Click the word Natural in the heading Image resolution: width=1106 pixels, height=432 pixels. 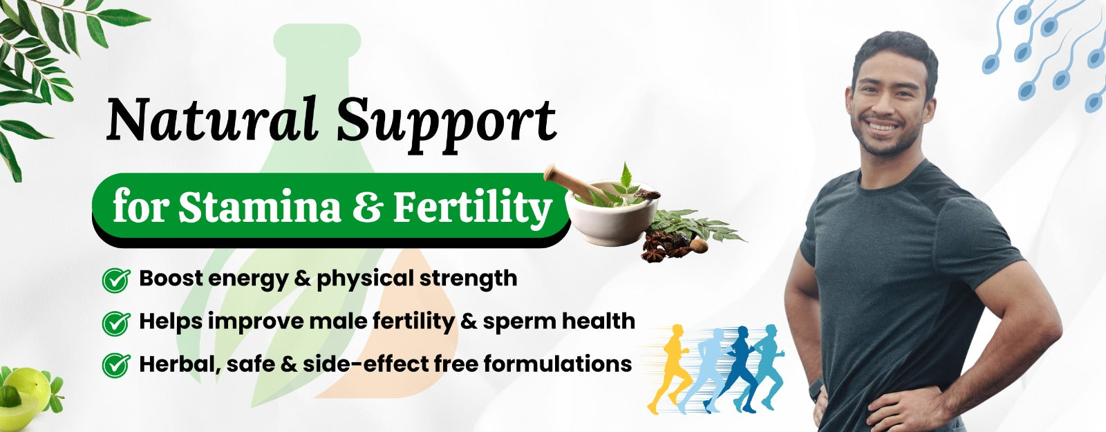[212, 120]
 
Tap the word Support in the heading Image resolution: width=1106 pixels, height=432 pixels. [447, 124]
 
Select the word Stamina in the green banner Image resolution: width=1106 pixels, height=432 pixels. [260, 207]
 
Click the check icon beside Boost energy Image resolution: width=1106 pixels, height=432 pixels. [116, 281]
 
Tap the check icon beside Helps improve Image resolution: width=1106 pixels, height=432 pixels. [116, 323]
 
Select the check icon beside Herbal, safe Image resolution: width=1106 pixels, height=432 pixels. [116, 366]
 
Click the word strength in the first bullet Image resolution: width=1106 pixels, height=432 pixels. [468, 279]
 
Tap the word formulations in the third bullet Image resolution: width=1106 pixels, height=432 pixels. [557, 364]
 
